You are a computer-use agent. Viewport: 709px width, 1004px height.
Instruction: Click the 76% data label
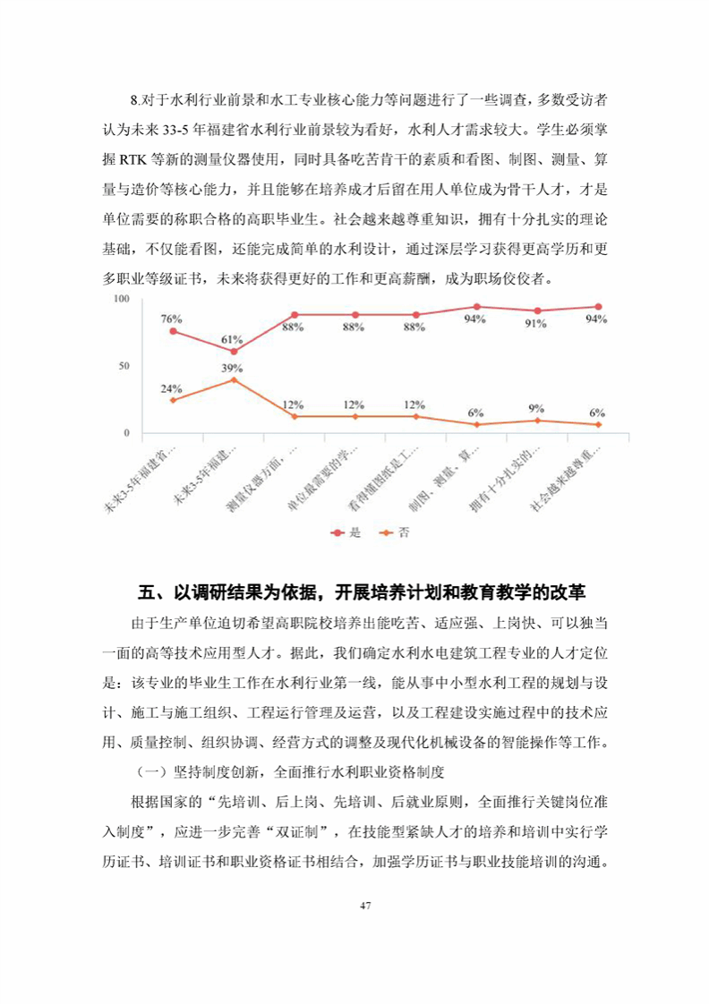coord(172,319)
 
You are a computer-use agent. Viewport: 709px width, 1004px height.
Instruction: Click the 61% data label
coord(233,339)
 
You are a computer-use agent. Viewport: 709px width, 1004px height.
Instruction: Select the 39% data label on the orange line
coord(233,368)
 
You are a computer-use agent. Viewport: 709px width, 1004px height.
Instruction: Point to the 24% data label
coord(172,388)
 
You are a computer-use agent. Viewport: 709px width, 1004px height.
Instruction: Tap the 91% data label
coord(536,324)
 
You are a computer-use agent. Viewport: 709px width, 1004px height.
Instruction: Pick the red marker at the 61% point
coord(234,352)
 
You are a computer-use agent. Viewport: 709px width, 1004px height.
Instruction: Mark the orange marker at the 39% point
coord(234,379)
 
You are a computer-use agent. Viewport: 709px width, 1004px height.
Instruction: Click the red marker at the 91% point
coord(537,311)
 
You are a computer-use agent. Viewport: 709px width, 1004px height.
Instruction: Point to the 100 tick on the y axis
coord(122,299)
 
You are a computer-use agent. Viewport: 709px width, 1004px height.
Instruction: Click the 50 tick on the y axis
coord(124,366)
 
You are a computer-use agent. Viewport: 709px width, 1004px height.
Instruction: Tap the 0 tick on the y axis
coord(127,433)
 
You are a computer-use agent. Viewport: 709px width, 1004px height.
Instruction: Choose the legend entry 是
coord(346,532)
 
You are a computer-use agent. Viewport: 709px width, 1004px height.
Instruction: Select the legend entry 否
coord(395,532)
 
